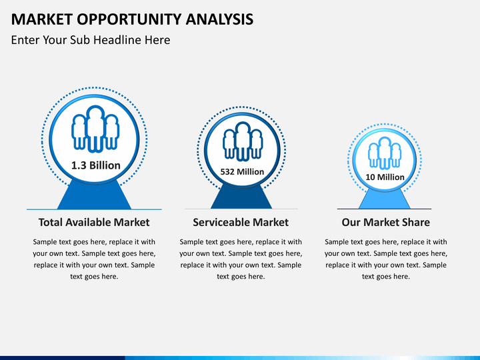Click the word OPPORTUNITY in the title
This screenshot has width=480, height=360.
(129, 19)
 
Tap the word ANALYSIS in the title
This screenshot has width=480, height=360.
(219, 19)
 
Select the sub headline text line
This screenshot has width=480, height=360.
(91, 40)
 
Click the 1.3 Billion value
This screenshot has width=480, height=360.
(96, 165)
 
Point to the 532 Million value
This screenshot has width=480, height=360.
(242, 172)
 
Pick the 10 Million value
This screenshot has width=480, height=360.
(385, 177)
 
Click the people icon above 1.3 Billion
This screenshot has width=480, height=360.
(95, 129)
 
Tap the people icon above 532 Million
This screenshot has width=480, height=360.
(243, 141)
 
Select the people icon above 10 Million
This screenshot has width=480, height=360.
(385, 153)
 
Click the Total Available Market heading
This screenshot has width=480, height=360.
(94, 222)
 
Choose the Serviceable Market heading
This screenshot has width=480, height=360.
(241, 222)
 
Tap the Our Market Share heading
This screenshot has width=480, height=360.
(386, 222)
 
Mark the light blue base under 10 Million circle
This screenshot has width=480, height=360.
(385, 199)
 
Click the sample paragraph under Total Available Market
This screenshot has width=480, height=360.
(94, 259)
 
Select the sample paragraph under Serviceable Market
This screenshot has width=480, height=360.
(241, 259)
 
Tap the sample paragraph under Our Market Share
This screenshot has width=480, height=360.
(386, 259)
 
